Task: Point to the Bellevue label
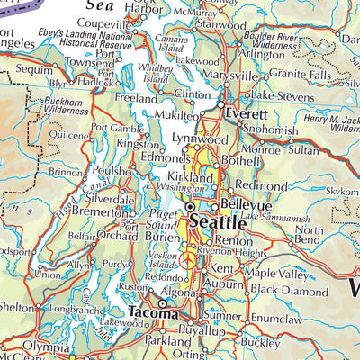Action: pos(239,193)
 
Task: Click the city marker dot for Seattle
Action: pos(191,207)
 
